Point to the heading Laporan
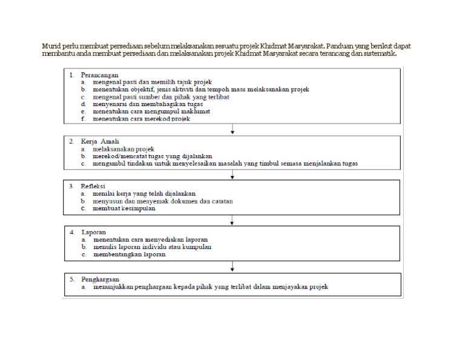click(x=96, y=232)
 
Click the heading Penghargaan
click(x=102, y=279)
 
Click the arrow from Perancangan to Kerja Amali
click(x=233, y=129)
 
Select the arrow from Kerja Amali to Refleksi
click(x=233, y=175)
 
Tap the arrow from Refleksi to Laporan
click(x=233, y=221)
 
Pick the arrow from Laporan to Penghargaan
click(x=233, y=267)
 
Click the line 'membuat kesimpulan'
click(x=124, y=208)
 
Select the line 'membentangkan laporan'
click(x=129, y=255)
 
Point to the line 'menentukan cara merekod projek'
click(x=141, y=119)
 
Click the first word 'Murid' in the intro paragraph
click(x=51, y=45)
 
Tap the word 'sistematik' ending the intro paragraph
click(x=379, y=53)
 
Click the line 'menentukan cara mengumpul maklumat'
click(x=151, y=112)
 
